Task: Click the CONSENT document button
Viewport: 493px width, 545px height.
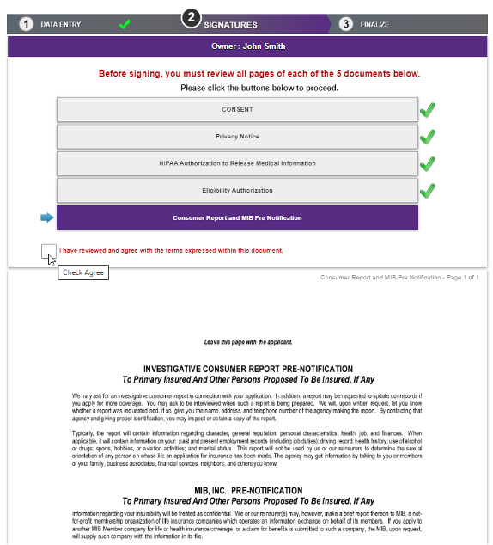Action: [237, 110]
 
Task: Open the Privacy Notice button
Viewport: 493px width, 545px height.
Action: [237, 137]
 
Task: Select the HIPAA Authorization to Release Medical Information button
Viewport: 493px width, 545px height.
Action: [237, 163]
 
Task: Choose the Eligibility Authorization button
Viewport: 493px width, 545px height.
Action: [237, 190]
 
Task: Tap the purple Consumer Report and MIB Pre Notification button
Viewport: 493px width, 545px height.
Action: [237, 217]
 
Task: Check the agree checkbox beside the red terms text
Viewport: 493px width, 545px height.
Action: [48, 250]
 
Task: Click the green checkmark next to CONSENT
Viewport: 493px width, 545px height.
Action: [427, 110]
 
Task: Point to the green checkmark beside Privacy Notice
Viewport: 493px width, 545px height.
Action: [427, 137]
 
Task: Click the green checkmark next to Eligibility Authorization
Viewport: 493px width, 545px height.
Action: [427, 190]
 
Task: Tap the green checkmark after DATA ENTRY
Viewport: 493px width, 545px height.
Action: [125, 24]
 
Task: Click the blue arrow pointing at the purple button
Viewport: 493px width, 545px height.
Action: [46, 217]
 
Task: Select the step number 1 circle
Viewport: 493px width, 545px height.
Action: [27, 24]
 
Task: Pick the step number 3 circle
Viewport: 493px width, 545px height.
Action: [346, 24]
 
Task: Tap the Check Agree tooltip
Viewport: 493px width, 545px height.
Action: [84, 272]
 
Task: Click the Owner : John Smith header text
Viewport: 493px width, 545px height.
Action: [248, 46]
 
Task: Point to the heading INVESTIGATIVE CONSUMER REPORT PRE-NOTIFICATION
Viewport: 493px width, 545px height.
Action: [248, 368]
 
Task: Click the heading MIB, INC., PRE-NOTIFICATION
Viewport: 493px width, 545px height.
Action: [248, 491]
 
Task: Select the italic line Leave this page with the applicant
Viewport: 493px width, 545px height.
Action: [248, 341]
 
